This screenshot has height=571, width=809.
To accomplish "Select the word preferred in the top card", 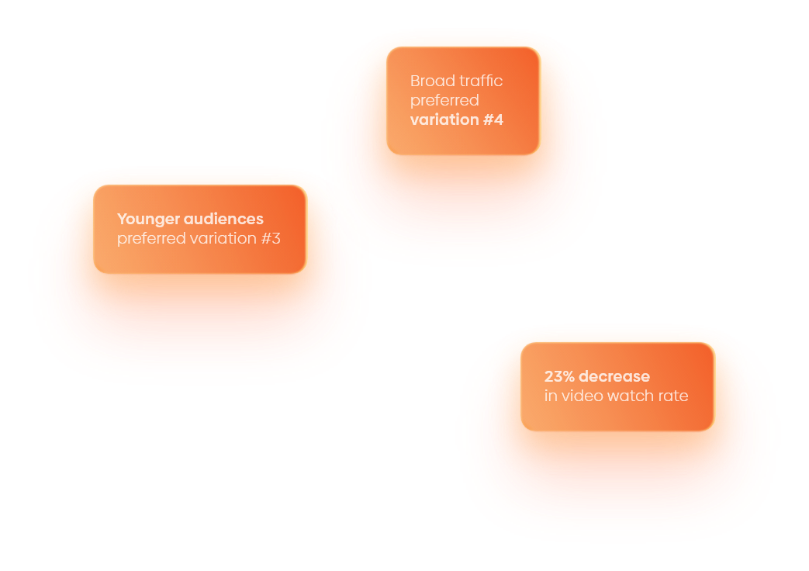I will [444, 101].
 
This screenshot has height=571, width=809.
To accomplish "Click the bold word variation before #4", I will [444, 120].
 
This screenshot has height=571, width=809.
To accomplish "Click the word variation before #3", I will [223, 238].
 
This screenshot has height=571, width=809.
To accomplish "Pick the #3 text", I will [271, 238].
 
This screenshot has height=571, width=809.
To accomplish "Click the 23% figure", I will [559, 376].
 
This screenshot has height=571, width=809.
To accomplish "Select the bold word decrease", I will [614, 376].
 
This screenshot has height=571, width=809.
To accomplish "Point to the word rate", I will [674, 396].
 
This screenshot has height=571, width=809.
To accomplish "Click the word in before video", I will [551, 396].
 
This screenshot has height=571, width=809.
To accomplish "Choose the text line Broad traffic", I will [456, 81].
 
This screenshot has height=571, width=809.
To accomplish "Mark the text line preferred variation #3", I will [199, 239].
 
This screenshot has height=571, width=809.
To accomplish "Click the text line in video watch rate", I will [616, 396].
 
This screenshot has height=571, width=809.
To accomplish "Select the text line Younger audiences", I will [190, 220].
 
